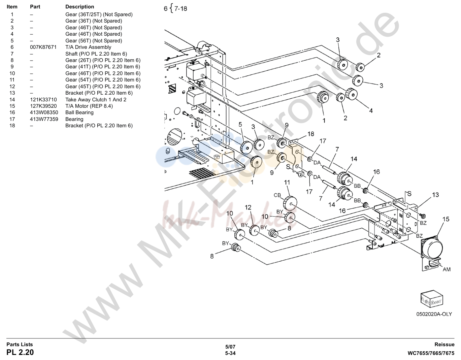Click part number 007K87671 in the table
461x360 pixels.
(x=43, y=47)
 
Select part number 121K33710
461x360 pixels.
(x=43, y=99)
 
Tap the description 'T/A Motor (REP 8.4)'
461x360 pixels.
(x=89, y=106)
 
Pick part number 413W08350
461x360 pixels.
(x=44, y=112)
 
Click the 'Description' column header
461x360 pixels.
(x=79, y=7)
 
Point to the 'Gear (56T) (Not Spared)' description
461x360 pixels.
(x=94, y=40)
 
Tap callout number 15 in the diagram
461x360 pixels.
(x=446, y=219)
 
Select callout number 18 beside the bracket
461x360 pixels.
(x=310, y=134)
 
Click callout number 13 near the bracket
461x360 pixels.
(x=435, y=195)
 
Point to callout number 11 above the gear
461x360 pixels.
(x=287, y=183)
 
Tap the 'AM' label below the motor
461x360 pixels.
(x=447, y=269)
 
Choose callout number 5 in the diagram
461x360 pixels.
(x=240, y=125)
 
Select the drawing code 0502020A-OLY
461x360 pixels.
(x=434, y=314)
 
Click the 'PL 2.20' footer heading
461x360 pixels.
(x=20, y=352)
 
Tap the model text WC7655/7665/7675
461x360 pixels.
(x=431, y=353)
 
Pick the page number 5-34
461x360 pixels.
(x=230, y=353)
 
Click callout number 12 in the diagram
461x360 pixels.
(x=248, y=207)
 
